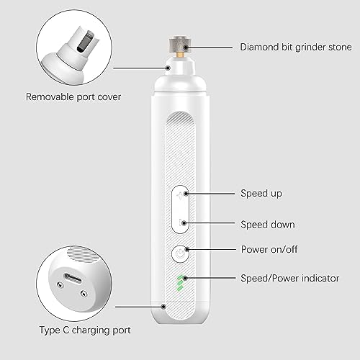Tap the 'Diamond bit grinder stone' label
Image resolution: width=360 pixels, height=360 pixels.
(296, 47)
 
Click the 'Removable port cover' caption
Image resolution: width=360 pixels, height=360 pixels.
(73, 97)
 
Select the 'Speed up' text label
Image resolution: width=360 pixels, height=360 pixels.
(261, 194)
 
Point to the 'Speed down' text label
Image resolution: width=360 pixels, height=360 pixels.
(268, 225)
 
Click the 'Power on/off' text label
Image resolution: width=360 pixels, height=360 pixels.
(269, 249)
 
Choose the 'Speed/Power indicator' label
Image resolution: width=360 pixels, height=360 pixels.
(290, 279)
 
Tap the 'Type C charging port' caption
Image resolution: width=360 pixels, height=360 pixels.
(85, 330)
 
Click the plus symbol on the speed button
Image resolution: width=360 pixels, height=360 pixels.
(180, 196)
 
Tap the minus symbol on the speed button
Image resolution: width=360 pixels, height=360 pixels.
(181, 223)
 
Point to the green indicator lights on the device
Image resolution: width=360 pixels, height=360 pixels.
(180, 283)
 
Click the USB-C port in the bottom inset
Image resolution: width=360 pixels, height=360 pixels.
(73, 279)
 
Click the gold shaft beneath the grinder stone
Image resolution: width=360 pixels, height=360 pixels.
(181, 55)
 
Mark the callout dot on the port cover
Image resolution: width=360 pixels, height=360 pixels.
(168, 68)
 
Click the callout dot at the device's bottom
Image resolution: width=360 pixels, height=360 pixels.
(163, 307)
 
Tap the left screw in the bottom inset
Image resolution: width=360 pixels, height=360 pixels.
(60, 285)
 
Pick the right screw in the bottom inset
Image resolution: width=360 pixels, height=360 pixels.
(84, 293)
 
